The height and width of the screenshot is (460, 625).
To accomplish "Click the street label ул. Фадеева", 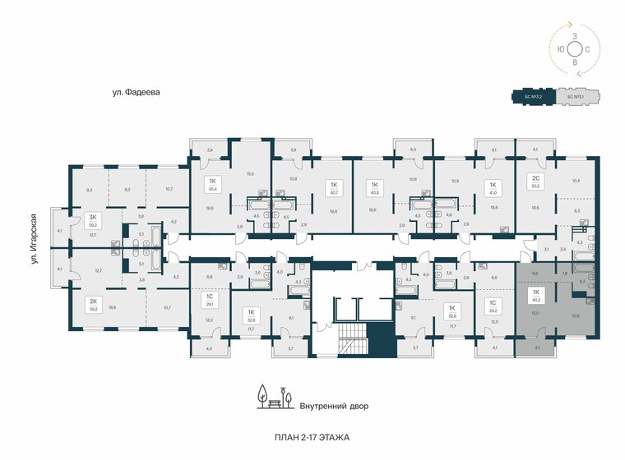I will click(x=136, y=93).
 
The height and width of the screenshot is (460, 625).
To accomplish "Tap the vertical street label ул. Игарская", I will click(x=35, y=239).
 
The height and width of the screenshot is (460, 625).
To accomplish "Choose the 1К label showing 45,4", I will click(x=213, y=185).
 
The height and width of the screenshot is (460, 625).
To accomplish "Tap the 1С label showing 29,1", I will click(x=210, y=300).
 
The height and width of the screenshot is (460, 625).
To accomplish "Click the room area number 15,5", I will click(x=250, y=173).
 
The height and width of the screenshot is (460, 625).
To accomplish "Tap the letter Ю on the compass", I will click(x=560, y=49).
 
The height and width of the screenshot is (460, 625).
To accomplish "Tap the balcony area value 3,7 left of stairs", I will click(x=290, y=348).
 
